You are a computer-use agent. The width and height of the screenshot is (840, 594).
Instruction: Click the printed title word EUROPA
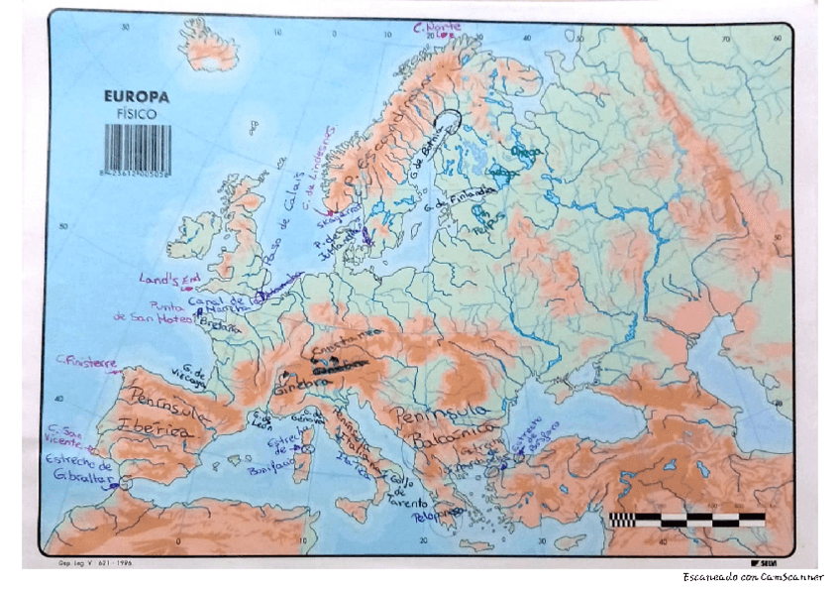[x=137, y=97]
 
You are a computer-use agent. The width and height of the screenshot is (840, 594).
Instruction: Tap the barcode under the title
[x=138, y=147]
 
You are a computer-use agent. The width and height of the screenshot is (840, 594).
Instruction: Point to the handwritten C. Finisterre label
[x=87, y=362]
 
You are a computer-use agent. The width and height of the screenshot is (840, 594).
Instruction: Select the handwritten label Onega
[x=525, y=151]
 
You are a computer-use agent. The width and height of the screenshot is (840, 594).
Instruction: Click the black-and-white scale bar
[x=686, y=518]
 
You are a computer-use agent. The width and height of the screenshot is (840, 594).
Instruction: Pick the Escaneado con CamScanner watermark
[x=752, y=577]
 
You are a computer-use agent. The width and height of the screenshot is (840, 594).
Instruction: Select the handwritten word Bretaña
[x=220, y=325]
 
